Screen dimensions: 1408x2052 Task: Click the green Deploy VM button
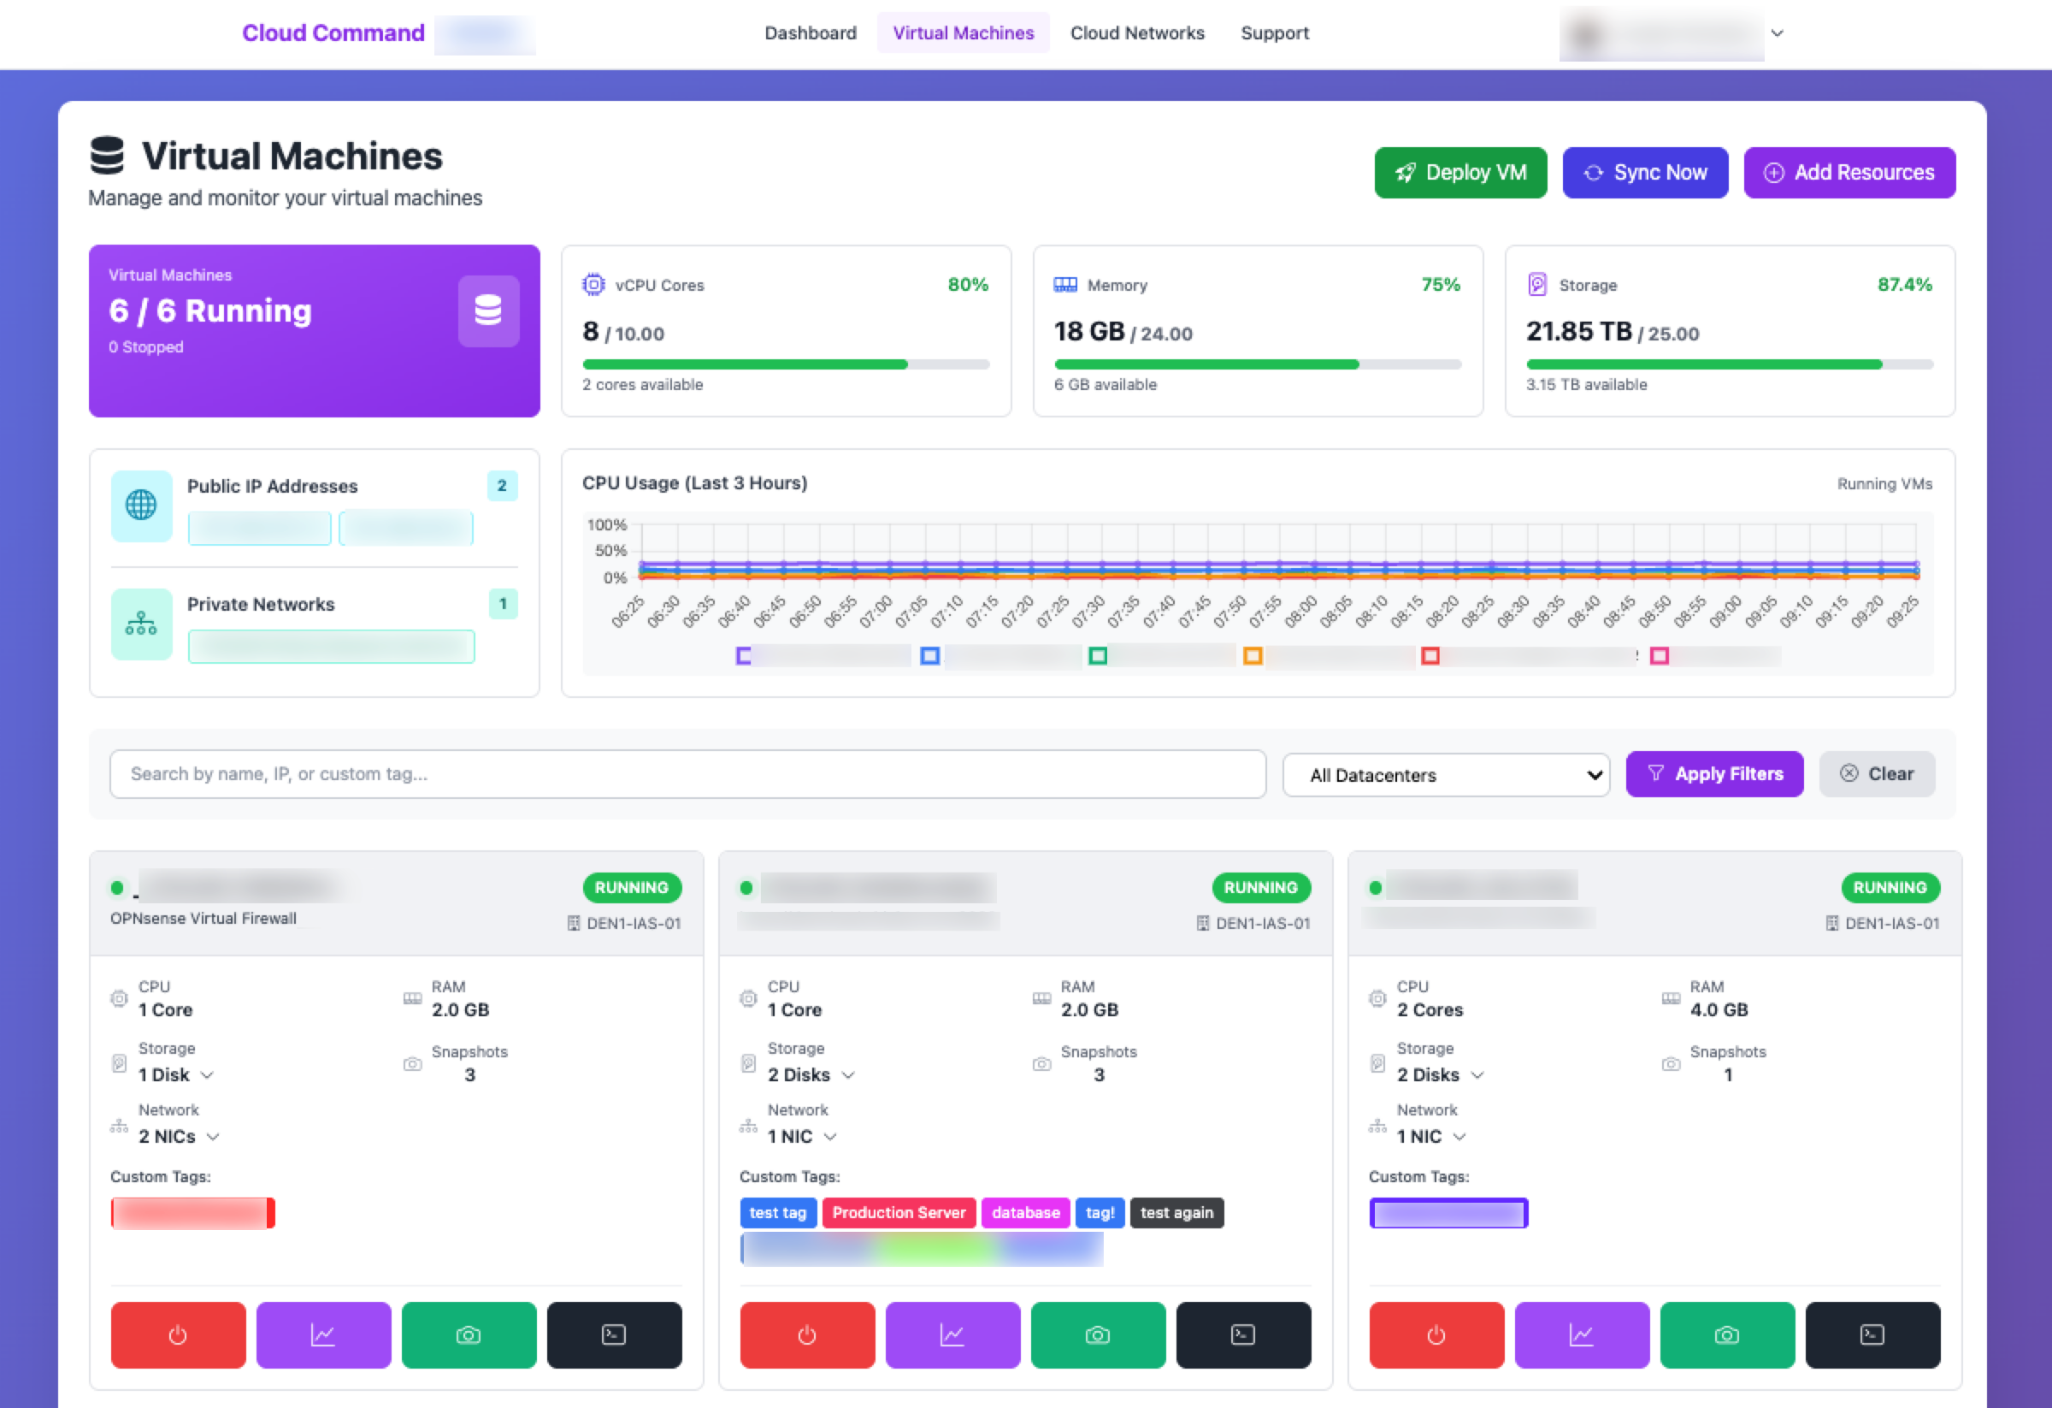(1459, 172)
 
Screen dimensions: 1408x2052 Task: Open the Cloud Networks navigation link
(1136, 33)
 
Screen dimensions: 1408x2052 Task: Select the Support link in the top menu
(1273, 33)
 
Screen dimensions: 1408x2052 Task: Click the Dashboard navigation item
(810, 33)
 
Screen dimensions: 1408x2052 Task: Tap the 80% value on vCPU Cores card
(967, 285)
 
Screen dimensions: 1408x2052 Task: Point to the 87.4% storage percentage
(1904, 285)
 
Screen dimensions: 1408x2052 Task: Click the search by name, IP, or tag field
(687, 774)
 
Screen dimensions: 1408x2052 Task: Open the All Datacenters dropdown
(1446, 775)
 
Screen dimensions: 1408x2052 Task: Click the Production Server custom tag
(898, 1213)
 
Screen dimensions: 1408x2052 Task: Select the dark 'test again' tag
(1176, 1213)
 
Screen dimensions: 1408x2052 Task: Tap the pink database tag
(1024, 1213)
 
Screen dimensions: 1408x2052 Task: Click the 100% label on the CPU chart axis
(606, 524)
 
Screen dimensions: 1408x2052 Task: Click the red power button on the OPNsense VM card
(178, 1334)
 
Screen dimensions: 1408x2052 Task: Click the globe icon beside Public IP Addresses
(141, 506)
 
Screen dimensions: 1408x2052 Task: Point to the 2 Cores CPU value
(1429, 1009)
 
